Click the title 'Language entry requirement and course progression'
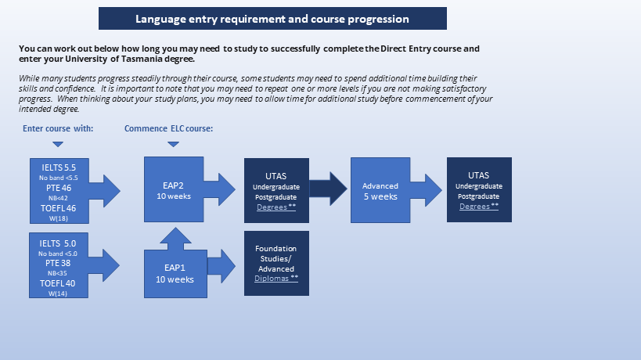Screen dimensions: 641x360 272,19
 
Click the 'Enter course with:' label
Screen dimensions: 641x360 58,128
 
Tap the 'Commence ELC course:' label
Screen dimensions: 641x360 168,128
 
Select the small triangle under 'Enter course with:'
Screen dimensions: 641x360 58,144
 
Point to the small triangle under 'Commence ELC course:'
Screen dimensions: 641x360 173,144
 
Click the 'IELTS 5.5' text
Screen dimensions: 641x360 59,167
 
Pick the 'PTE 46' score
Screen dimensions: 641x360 59,188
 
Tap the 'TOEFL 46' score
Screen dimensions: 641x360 59,208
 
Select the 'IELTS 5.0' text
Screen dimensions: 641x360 58,243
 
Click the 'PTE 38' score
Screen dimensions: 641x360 58,263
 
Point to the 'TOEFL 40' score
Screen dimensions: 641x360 58,283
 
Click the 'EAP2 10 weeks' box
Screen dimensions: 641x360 174,189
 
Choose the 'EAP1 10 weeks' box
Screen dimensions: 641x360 175,274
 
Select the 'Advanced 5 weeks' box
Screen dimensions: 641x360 380,190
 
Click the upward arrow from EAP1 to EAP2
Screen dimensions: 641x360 175,239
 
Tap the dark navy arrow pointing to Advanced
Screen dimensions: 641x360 328,189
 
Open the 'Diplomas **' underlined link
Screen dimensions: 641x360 276,279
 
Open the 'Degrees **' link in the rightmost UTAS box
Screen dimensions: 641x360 479,207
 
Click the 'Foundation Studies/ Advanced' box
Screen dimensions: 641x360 276,263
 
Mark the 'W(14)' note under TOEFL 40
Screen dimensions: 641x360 58,293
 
